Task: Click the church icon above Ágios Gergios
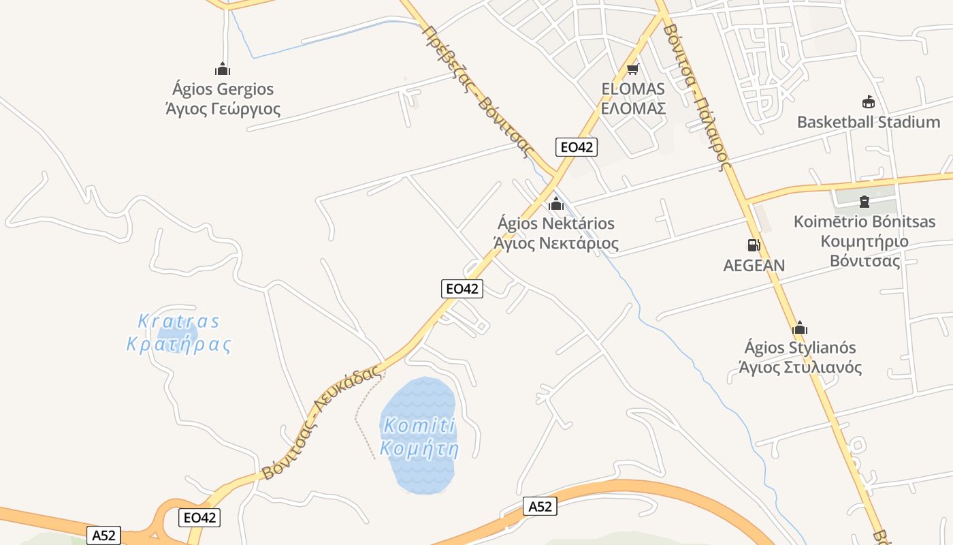(x=223, y=69)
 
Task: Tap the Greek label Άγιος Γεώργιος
(x=223, y=109)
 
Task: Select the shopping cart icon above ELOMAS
(x=633, y=69)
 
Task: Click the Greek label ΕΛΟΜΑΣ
(x=633, y=108)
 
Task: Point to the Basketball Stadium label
(x=868, y=123)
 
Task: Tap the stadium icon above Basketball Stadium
(x=868, y=102)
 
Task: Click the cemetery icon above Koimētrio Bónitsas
(x=865, y=201)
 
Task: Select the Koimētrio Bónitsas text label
(x=865, y=222)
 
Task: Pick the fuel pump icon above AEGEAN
(x=754, y=245)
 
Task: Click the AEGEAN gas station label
(x=754, y=266)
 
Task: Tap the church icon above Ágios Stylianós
(x=800, y=328)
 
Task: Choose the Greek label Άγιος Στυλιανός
(x=800, y=368)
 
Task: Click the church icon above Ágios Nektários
(x=556, y=204)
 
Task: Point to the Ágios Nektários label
(x=556, y=223)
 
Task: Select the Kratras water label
(x=179, y=321)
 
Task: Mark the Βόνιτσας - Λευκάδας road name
(x=320, y=423)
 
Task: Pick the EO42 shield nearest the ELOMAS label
(x=576, y=146)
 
